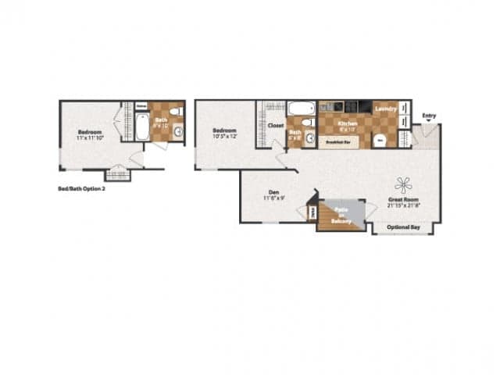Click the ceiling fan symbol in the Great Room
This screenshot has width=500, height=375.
[x=403, y=185]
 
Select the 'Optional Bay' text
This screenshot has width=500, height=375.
[x=404, y=227]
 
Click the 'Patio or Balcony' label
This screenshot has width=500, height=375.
[x=341, y=216]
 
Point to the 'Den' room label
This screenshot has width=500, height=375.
[x=273, y=192]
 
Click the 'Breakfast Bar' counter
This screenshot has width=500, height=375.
[x=336, y=142]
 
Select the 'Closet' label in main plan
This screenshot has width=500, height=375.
[x=275, y=125]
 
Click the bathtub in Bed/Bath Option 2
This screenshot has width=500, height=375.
[x=142, y=127]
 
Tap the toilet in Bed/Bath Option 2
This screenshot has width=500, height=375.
[x=175, y=112]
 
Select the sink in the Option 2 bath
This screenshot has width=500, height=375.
[x=178, y=131]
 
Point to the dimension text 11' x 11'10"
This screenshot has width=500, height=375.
[x=92, y=137]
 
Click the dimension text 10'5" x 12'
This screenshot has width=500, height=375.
[x=225, y=137]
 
